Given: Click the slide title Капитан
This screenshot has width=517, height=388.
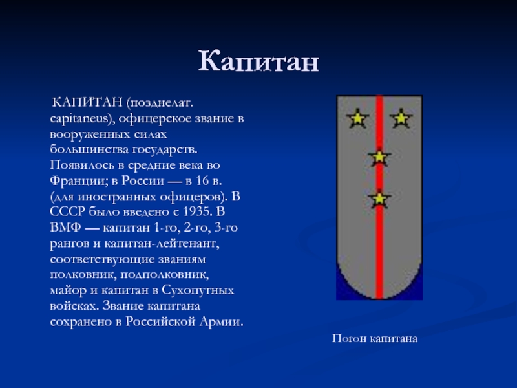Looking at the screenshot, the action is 258,61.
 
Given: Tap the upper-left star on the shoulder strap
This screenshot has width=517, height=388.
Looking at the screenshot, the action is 357,118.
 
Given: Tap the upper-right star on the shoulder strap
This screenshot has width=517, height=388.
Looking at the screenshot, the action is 401,118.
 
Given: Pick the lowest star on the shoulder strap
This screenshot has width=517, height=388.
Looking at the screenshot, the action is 379,199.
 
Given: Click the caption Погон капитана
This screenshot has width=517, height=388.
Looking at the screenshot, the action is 375,339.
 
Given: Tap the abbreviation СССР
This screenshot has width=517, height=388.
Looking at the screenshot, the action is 68,211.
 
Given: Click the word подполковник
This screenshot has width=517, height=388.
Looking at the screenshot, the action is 164,275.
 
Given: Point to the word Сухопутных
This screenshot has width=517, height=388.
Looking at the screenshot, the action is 198,290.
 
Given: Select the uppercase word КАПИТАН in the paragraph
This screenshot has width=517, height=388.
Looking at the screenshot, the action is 87,103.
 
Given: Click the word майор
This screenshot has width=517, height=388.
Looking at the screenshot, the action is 68,290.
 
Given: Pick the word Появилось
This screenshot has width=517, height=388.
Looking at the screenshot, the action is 83,165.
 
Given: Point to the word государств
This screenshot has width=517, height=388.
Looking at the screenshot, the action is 165,150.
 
